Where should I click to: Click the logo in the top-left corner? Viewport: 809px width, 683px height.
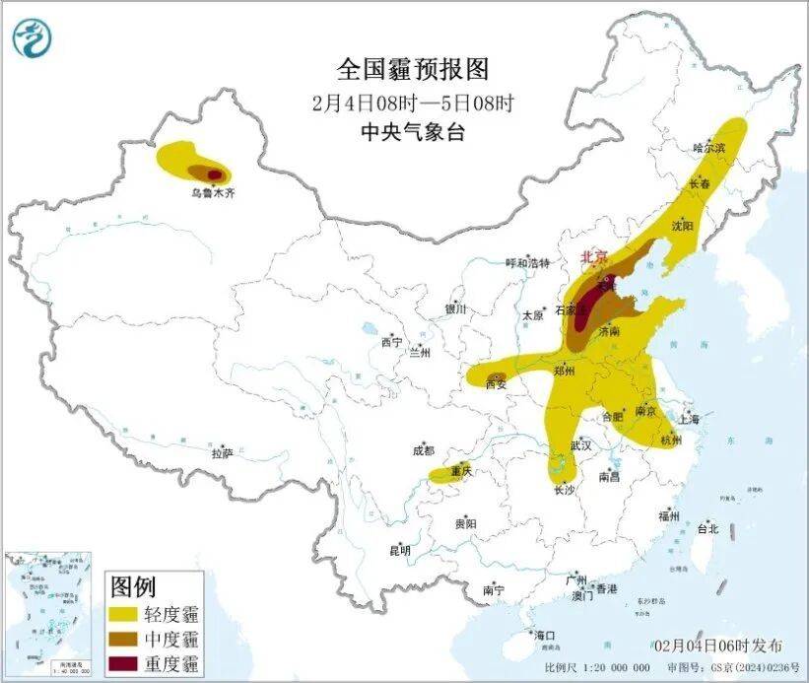coord(33,38)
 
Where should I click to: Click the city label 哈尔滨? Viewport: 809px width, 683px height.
coord(709,148)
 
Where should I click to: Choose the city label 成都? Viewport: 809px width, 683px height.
coord(424,450)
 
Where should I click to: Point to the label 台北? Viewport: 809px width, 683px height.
coord(707,528)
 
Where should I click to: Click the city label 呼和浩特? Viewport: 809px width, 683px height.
coord(527,263)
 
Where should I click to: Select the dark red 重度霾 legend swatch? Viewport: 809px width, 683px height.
coord(125,663)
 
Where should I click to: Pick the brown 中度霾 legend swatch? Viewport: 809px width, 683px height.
coord(125,640)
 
